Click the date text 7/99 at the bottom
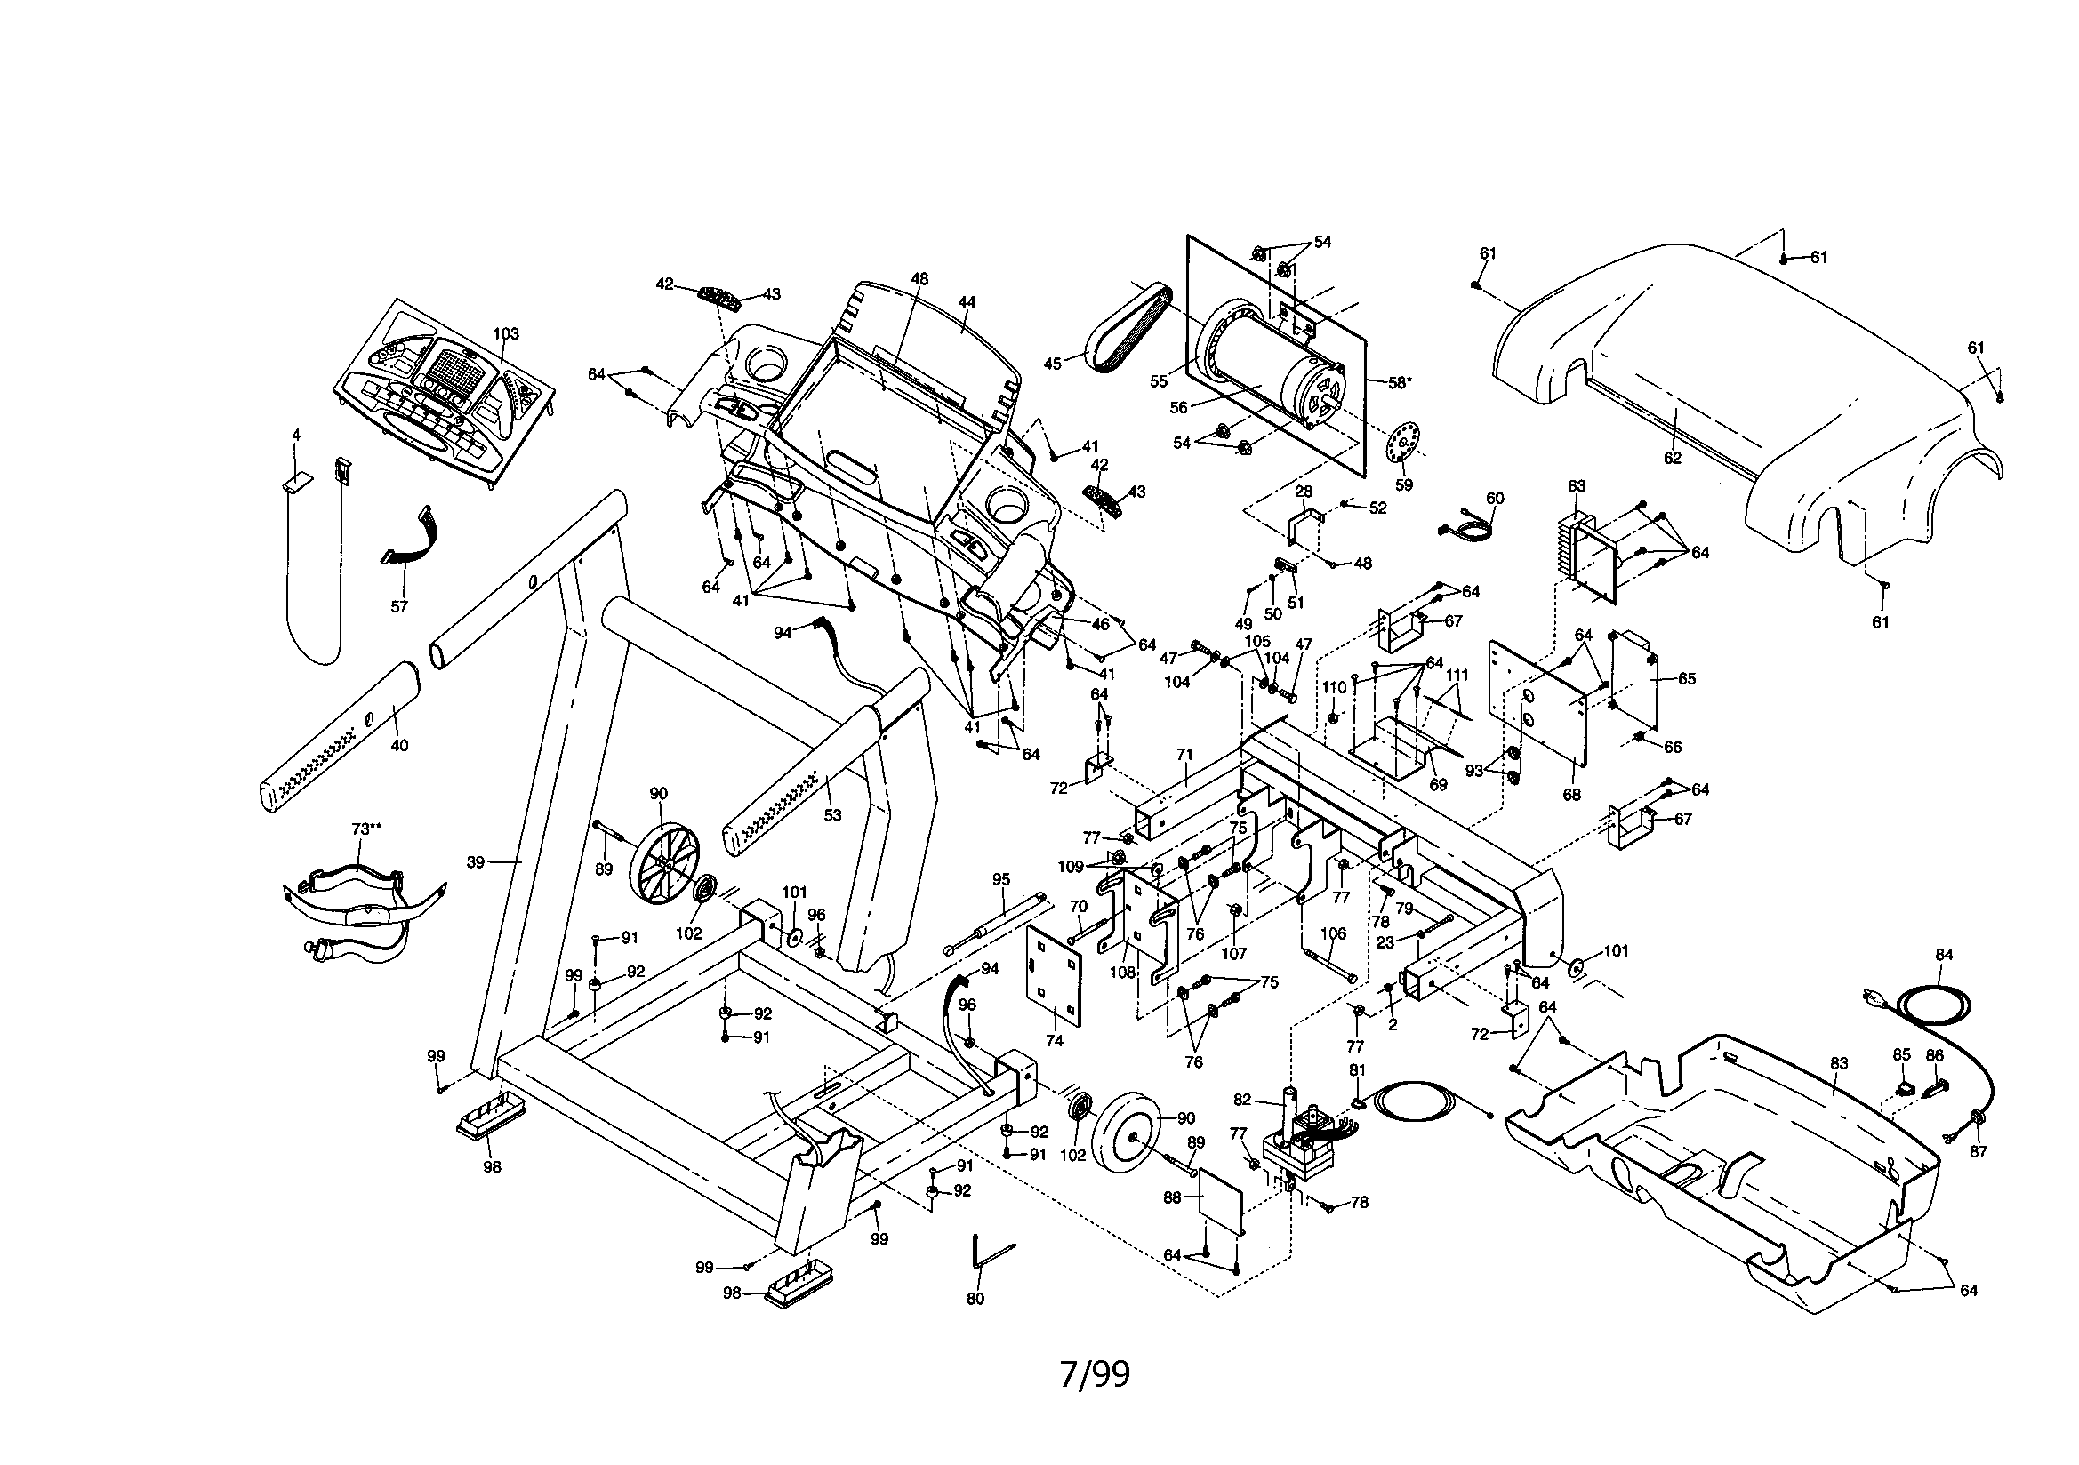[x=1095, y=1375]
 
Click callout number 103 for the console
[x=505, y=333]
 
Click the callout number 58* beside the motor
[x=1399, y=383]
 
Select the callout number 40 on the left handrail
[x=399, y=745]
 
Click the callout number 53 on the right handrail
[x=832, y=815]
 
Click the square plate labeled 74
[x=1055, y=977]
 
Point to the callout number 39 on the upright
[x=477, y=863]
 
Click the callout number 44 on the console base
[x=967, y=302]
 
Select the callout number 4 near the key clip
[x=295, y=435]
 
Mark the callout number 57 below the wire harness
[x=399, y=606]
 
